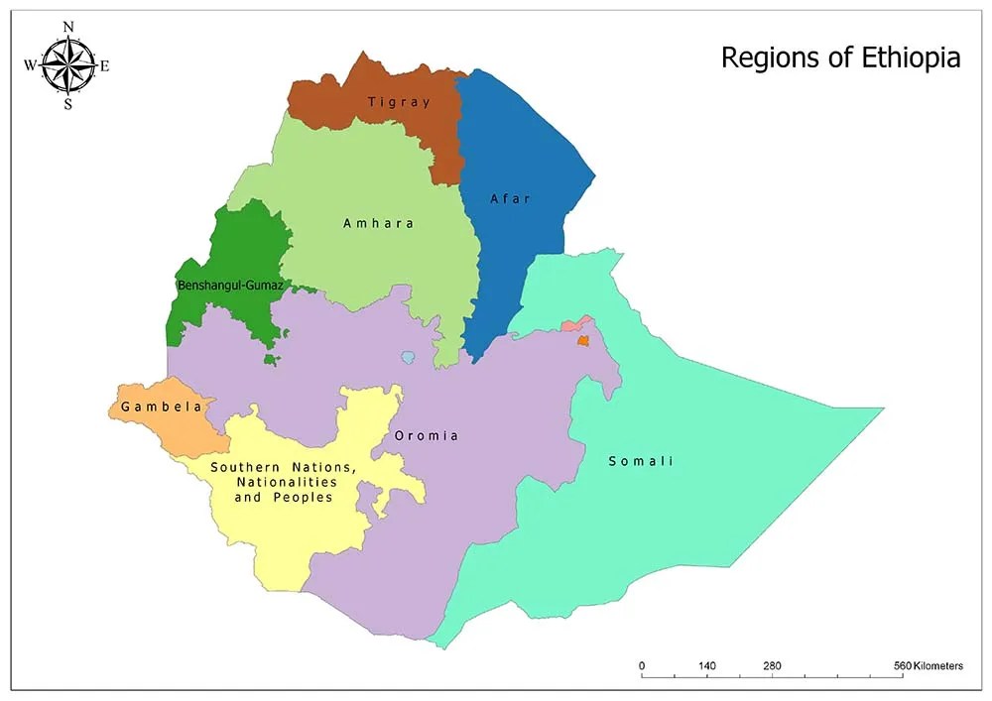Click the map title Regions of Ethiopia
(x=840, y=58)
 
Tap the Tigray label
(x=399, y=102)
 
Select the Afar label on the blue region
(x=511, y=198)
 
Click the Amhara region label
(x=378, y=223)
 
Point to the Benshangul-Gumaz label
(x=230, y=286)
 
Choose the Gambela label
(x=162, y=407)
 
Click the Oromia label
(x=427, y=435)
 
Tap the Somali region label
(x=641, y=461)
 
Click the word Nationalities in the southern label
(x=284, y=482)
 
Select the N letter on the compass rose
(x=68, y=27)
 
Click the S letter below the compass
(x=68, y=105)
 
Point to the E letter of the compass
(x=105, y=66)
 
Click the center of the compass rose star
(x=68, y=66)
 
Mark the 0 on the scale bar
(x=642, y=665)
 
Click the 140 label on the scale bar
(x=707, y=665)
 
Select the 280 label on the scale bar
(x=773, y=665)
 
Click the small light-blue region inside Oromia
(x=408, y=357)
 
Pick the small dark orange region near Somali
(x=582, y=340)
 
